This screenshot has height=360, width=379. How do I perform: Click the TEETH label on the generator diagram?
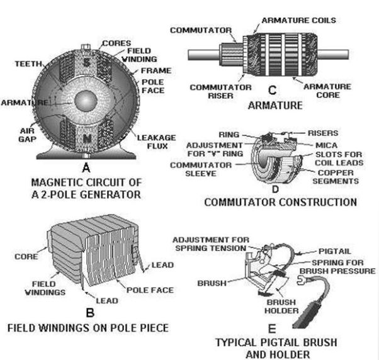(28, 64)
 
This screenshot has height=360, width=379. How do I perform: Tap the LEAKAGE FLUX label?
(157, 142)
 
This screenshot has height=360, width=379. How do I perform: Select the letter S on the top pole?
(87, 63)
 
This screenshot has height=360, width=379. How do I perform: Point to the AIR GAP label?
(27, 135)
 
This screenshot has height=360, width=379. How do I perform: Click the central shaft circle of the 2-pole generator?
(86, 101)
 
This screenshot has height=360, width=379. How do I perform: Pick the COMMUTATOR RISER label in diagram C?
(220, 91)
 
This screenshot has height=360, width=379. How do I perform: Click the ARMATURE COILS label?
(299, 20)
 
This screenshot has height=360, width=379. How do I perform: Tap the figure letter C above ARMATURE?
(272, 90)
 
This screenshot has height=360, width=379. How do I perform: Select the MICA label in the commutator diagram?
(326, 145)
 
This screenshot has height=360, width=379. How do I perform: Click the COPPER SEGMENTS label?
(336, 177)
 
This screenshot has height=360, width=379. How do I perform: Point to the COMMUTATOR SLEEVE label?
(201, 169)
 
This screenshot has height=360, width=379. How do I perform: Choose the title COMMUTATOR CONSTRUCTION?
(280, 202)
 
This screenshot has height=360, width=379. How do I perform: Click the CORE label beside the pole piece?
(26, 256)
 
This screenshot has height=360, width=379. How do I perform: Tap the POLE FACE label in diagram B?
(150, 290)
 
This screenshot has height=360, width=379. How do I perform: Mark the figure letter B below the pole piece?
(90, 313)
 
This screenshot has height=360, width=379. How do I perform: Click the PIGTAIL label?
(334, 251)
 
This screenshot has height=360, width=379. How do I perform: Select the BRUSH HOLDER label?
(281, 307)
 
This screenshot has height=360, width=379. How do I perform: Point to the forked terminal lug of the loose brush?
(301, 281)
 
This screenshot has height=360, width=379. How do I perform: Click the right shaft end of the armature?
(333, 55)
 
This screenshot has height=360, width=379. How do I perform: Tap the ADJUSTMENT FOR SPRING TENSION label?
(211, 244)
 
